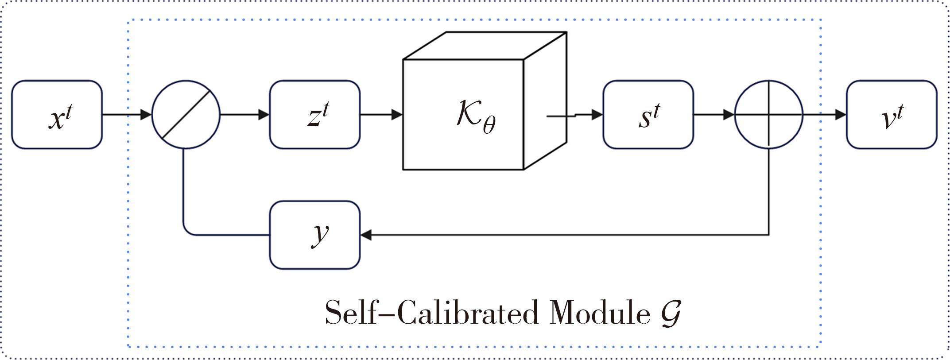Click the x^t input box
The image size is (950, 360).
57,115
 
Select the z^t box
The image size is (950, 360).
314,115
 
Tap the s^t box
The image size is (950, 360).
648,115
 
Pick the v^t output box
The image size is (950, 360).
892,115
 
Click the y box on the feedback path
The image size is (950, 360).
314,235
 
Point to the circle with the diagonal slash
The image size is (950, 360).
186,115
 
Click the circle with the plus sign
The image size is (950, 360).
768,115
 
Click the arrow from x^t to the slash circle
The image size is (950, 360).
127,115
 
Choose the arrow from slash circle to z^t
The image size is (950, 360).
244,115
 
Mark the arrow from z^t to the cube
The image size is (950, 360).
381,115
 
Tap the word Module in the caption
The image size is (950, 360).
600,313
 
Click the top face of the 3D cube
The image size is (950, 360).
485,46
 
